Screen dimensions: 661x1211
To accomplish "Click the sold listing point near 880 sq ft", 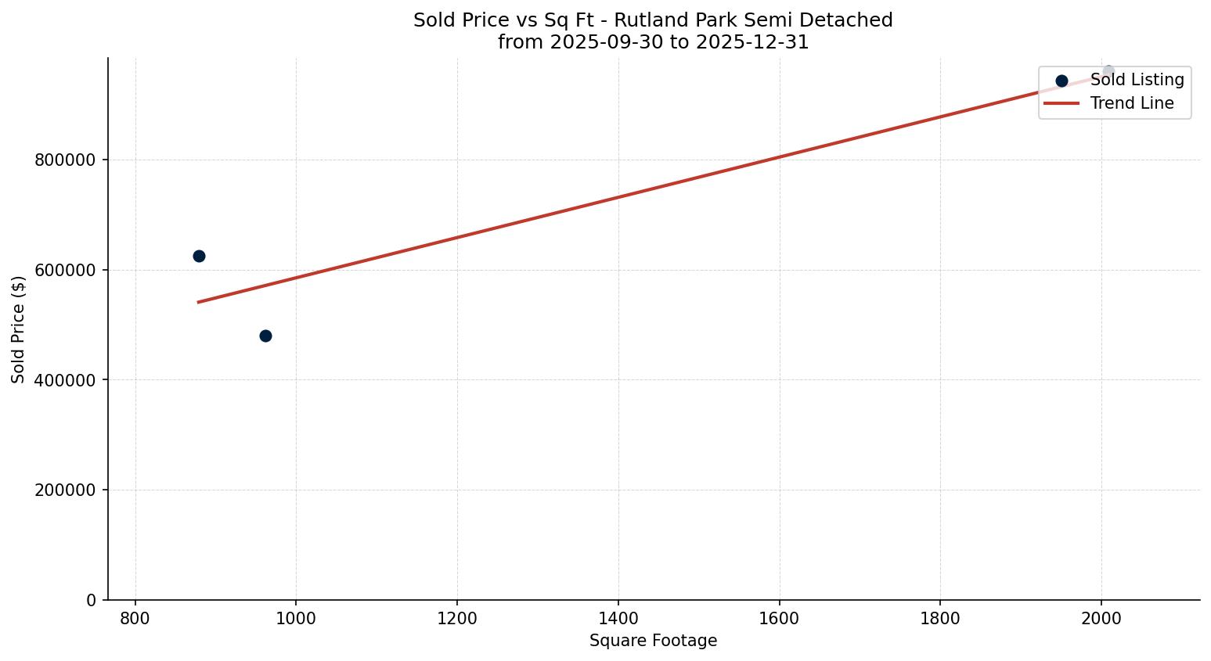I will click(x=199, y=256).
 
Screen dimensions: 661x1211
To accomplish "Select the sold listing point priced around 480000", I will click(x=265, y=336).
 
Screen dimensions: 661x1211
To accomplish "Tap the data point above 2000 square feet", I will click(x=1108, y=71).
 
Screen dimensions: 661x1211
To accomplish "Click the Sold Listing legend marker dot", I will click(x=1061, y=81).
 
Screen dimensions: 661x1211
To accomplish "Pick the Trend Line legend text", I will click(x=1132, y=103).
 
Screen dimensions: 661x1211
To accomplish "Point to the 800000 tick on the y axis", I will click(x=65, y=160).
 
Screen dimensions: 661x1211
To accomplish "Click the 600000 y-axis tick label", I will click(x=65, y=271).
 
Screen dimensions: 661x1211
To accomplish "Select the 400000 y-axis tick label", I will click(x=65, y=380).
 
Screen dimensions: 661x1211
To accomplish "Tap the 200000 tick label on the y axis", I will click(x=65, y=490).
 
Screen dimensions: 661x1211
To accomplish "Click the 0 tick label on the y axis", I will click(x=92, y=601).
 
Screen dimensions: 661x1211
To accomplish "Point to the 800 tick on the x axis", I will click(x=135, y=619).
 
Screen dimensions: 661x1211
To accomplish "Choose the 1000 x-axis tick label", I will click(x=296, y=619).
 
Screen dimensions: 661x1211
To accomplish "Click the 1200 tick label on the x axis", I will click(x=457, y=619).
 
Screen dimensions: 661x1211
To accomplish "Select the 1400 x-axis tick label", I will click(x=618, y=619).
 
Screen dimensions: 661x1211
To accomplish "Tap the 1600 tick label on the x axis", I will click(x=780, y=619).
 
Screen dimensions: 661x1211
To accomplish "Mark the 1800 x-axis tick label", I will click(x=940, y=619).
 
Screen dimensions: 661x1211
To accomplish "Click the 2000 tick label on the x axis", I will click(x=1101, y=619).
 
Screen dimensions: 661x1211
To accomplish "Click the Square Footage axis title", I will click(x=653, y=641).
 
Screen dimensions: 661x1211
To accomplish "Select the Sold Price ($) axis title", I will click(x=19, y=329).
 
